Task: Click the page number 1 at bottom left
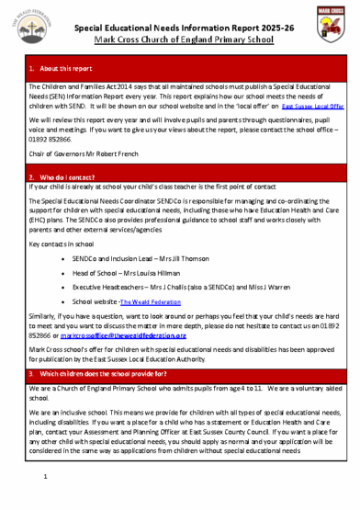pyautogui.click(x=44, y=479)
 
